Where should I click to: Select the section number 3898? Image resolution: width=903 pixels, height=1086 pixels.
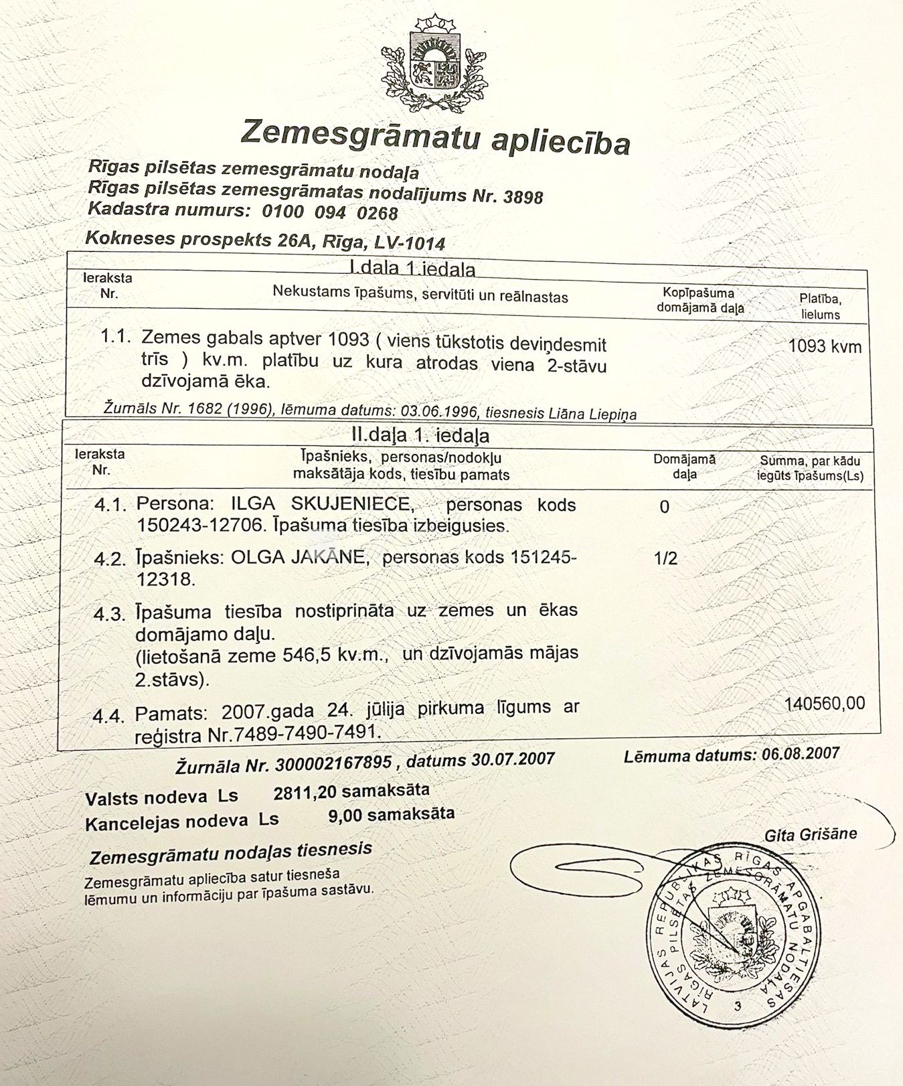click(523, 197)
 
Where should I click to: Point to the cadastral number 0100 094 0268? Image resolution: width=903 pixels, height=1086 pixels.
click(330, 212)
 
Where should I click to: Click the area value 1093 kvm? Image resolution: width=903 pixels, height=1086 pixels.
click(825, 346)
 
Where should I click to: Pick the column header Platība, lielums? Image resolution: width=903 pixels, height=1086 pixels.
click(821, 307)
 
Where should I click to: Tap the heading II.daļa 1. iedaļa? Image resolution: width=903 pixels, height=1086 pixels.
click(420, 436)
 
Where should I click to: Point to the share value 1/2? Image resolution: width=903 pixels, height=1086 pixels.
click(665, 558)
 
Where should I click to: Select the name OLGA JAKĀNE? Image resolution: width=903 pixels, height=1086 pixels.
click(300, 557)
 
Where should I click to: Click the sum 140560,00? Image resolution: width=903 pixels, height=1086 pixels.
click(825, 704)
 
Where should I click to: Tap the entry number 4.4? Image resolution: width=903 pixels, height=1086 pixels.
click(109, 716)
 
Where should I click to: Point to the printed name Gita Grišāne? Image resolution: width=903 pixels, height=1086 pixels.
click(811, 835)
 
